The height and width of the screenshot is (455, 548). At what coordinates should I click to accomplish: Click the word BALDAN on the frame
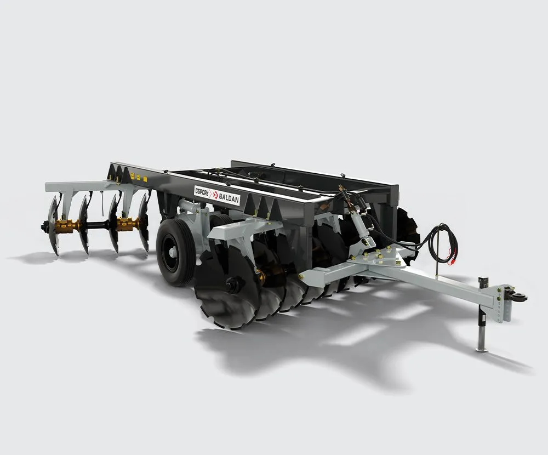229,198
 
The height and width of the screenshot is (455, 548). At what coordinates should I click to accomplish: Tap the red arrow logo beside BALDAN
215,195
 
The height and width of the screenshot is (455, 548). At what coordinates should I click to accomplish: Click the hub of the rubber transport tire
172,251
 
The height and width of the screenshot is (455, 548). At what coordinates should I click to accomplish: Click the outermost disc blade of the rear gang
54,225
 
